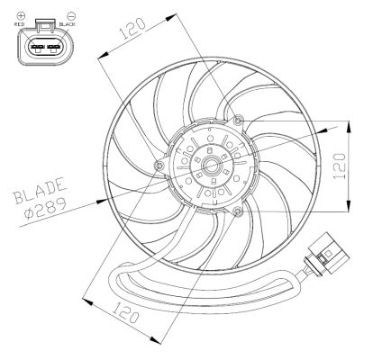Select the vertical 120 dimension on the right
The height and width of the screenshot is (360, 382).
(x=339, y=163)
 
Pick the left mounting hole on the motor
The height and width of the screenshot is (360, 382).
(x=159, y=166)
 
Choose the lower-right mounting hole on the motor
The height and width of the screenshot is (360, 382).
(x=236, y=211)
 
